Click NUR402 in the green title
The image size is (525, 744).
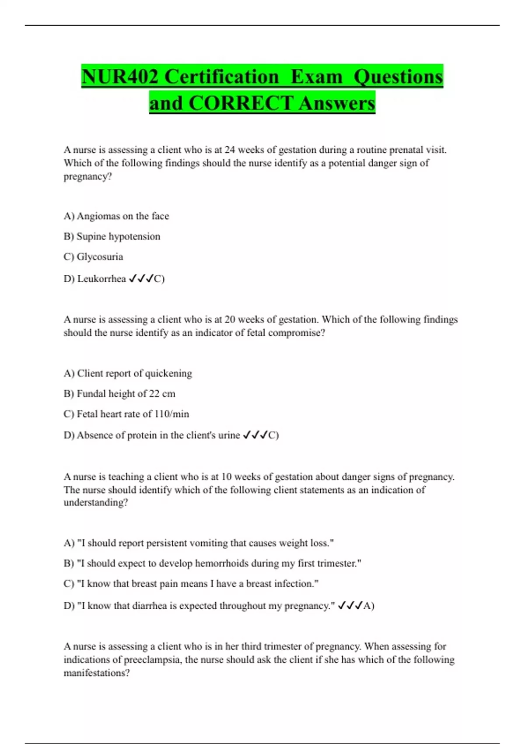point(119,77)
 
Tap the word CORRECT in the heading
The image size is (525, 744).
point(241,103)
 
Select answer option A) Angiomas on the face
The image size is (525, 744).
point(116,216)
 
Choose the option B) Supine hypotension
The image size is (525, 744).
point(112,236)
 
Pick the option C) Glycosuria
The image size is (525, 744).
point(93,256)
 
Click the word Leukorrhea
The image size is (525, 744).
point(101,279)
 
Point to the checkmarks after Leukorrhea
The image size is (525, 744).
point(141,279)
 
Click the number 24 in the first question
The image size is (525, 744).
point(230,150)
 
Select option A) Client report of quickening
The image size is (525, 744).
point(128,373)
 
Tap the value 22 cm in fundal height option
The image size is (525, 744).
point(162,393)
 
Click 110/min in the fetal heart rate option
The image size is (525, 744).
point(172,414)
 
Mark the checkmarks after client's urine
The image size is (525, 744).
point(255,435)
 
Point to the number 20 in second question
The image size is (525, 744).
point(230,319)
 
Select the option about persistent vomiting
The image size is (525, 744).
point(199,543)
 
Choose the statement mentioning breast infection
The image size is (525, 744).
point(191,584)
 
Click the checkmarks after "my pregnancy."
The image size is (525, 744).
point(350,606)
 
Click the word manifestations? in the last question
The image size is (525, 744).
point(97,673)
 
